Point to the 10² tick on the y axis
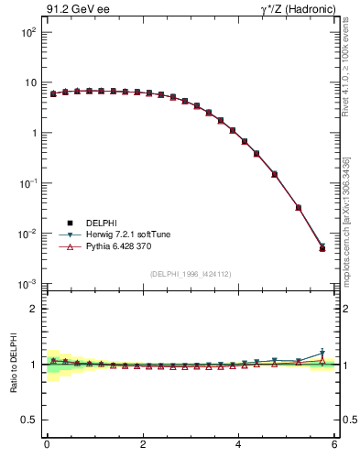click(x=28, y=32)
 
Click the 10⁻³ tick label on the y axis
click(x=27, y=284)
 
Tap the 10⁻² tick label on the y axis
click(x=27, y=234)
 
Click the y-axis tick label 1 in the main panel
click(x=33, y=133)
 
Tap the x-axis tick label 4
click(x=238, y=444)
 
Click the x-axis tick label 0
click(x=47, y=444)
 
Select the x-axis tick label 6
click(x=334, y=444)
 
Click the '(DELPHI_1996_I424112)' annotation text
click(x=191, y=274)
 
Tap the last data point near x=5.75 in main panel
click(x=322, y=248)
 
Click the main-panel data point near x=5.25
click(x=299, y=208)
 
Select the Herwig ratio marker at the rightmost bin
click(x=322, y=354)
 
